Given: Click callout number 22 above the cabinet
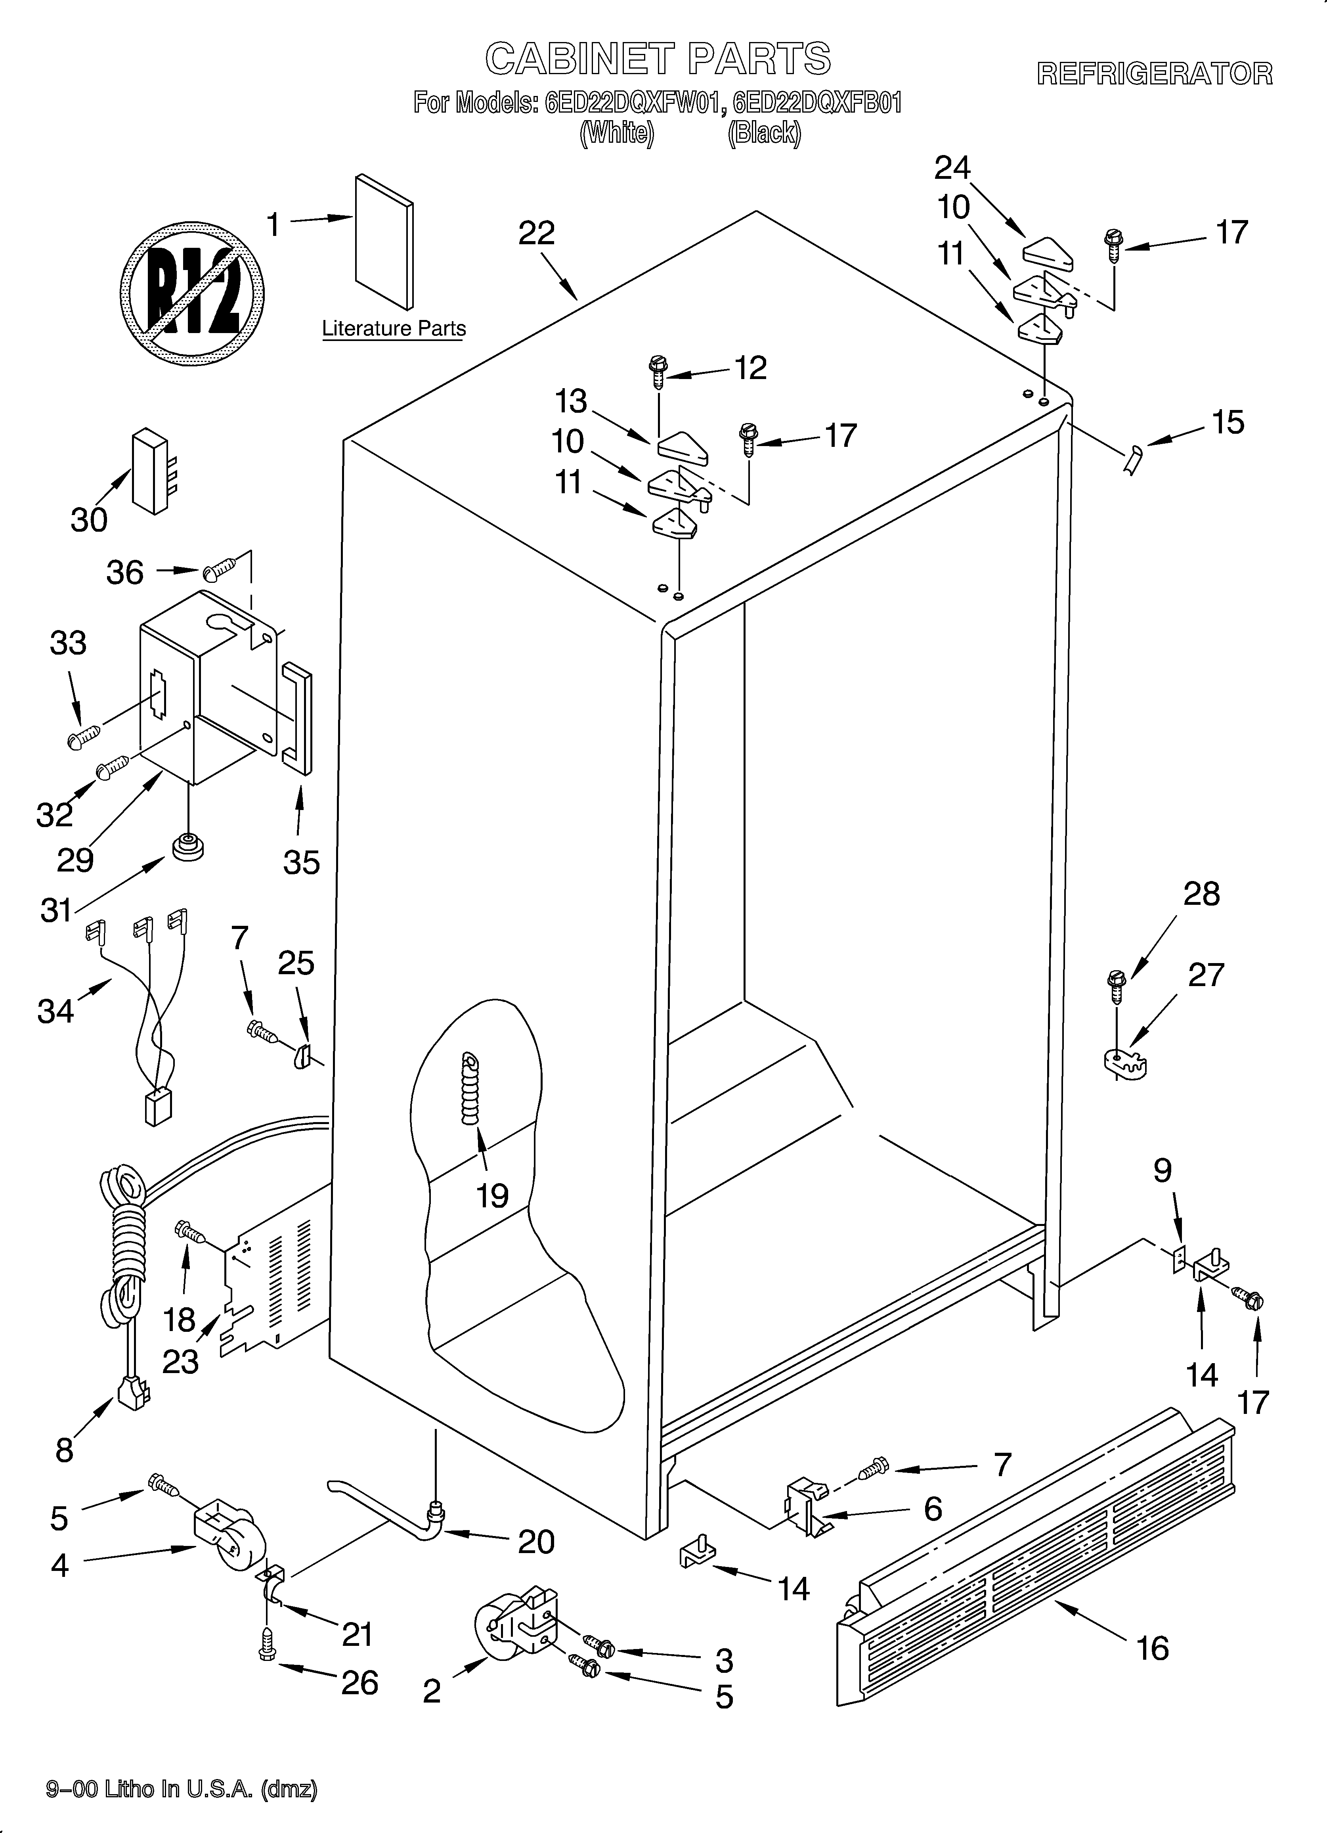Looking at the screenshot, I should pos(537,234).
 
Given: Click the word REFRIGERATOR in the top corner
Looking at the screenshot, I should pos(1154,75).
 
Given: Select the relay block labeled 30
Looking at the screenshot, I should pos(152,470).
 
